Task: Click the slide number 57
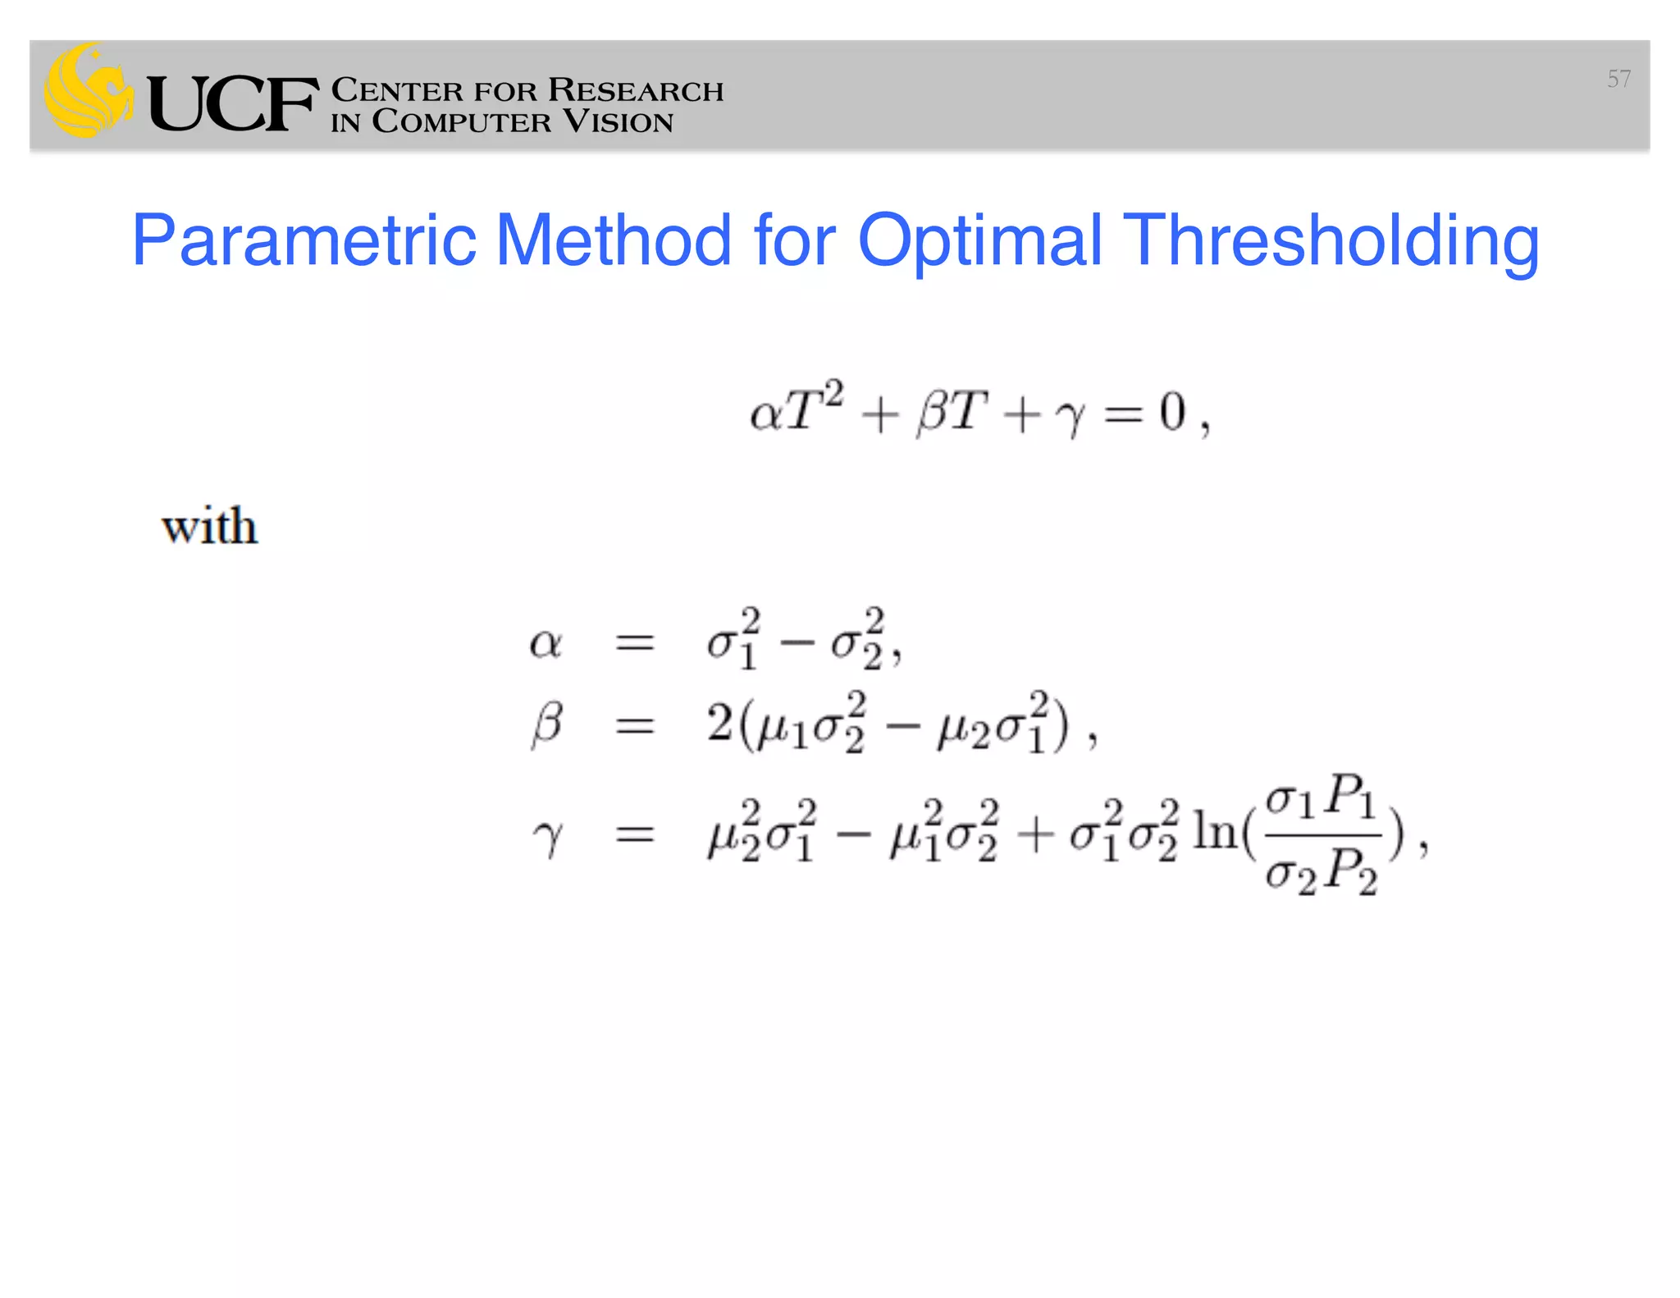(1618, 79)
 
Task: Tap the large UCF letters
(233, 104)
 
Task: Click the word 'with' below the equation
(210, 526)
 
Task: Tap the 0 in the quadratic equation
(1172, 412)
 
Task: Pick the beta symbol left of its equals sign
(547, 724)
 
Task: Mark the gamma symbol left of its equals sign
(548, 837)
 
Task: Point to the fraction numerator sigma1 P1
(1320, 797)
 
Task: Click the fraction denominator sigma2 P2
(1320, 871)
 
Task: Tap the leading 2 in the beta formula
(719, 724)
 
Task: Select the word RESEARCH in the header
(636, 90)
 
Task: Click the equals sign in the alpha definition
(634, 643)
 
